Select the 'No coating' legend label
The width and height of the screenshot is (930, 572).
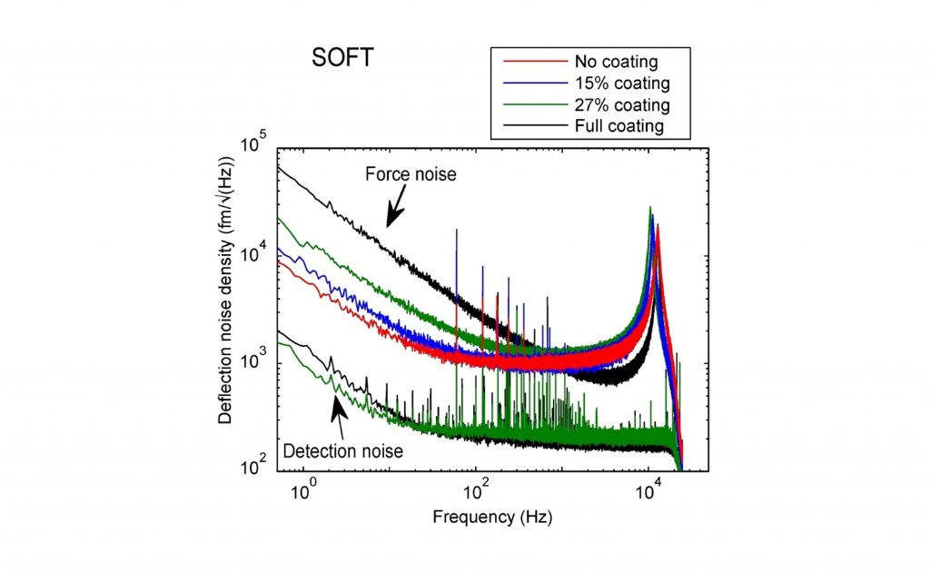click(x=616, y=63)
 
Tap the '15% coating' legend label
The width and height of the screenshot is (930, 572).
click(x=621, y=84)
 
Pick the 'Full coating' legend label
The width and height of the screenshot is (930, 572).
click(x=618, y=125)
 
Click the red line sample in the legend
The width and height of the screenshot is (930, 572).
click(x=530, y=63)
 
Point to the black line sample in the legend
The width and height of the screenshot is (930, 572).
click(x=530, y=125)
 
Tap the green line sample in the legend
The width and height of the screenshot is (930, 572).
click(x=530, y=104)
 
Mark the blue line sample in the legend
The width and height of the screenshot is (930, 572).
click(x=530, y=84)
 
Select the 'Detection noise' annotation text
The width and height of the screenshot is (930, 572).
click(x=343, y=449)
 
